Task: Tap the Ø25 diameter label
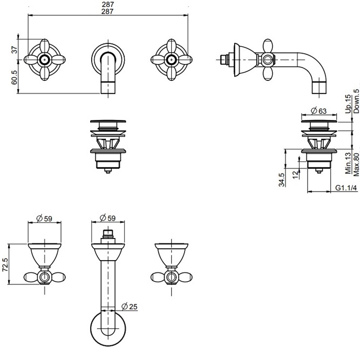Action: tap(131, 307)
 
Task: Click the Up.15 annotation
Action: tap(348, 103)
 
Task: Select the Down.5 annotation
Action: tap(356, 101)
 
